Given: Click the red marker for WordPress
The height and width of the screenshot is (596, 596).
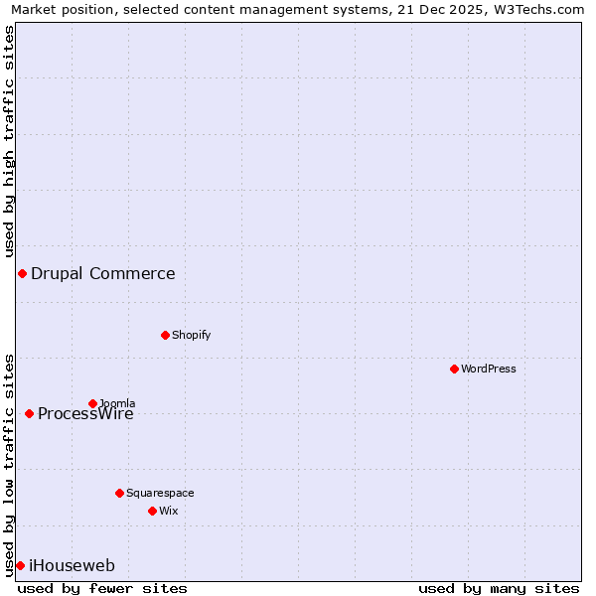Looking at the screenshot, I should [x=454, y=369].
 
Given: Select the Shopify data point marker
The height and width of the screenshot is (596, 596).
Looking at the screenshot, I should [x=165, y=335].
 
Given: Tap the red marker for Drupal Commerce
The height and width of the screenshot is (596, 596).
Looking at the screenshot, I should [x=22, y=273].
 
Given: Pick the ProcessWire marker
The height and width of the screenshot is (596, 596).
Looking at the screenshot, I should [x=29, y=413].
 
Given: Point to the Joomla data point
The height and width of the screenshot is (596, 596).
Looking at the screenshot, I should [x=92, y=403].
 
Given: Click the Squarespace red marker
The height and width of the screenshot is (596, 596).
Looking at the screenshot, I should [x=119, y=493].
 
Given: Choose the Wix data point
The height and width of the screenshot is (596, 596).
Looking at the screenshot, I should [x=152, y=511].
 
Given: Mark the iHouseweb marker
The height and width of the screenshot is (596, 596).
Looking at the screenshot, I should [x=20, y=565].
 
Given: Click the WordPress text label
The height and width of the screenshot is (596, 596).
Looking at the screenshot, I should [x=489, y=369].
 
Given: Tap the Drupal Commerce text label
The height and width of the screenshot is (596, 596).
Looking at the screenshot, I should [x=103, y=274].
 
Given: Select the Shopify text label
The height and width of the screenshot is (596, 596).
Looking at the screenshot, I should [x=192, y=335].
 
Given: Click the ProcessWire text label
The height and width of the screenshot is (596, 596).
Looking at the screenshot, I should [x=86, y=414].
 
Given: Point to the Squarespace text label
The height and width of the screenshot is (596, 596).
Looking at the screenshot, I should [x=160, y=493].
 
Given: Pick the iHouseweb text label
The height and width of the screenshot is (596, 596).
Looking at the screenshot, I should [x=73, y=566].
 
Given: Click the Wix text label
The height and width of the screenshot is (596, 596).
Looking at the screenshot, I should [x=168, y=511].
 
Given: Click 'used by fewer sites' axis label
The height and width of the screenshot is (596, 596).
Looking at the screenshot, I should [x=102, y=588].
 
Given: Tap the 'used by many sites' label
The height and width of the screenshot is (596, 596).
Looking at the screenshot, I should [x=499, y=588].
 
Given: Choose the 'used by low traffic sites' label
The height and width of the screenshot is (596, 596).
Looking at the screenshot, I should [x=9, y=463].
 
